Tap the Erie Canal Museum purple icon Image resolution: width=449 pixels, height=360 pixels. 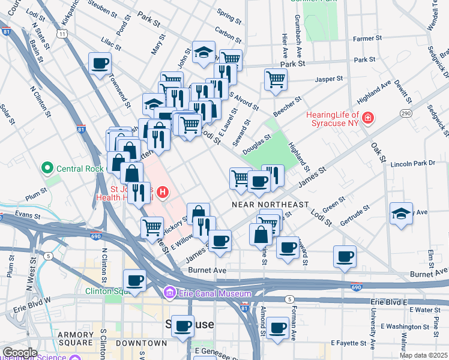click(169, 293)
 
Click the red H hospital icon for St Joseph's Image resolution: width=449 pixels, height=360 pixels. click(162, 193)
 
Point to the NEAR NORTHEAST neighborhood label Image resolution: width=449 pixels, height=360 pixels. click(270, 205)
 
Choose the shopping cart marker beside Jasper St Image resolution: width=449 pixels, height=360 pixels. click(275, 79)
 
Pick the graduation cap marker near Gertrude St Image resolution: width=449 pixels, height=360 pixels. click(400, 214)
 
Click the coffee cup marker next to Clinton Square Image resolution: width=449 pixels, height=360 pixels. click(134, 280)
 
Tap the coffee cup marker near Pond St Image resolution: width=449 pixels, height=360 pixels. click(100, 63)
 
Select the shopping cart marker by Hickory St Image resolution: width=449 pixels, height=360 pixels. click(152, 227)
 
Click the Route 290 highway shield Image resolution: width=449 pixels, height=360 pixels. click(406, 113)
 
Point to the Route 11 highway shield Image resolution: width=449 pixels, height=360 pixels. click(62, 34)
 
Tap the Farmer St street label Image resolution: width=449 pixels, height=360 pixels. click(364, 39)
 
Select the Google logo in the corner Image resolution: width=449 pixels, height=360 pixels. click(19, 352)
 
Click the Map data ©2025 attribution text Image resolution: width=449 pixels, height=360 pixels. click(423, 355)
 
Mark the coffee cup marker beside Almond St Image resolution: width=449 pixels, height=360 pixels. click(277, 328)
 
